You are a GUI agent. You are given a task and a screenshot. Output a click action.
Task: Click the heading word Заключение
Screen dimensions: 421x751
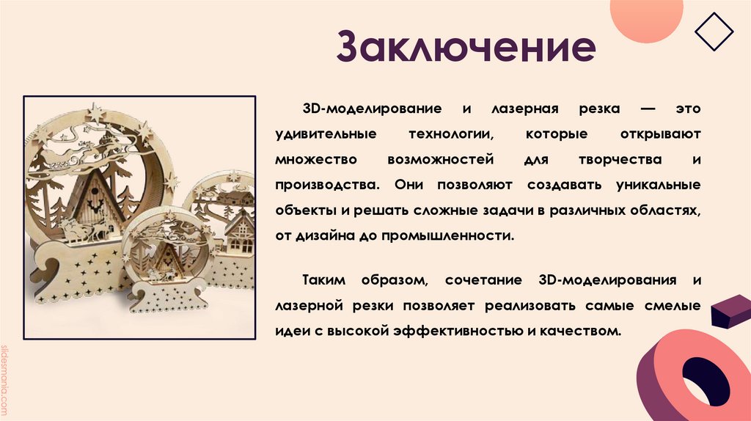pyautogui.click(x=466, y=47)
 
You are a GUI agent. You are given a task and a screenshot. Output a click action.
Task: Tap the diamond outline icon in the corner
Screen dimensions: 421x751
pyautogui.click(x=713, y=31)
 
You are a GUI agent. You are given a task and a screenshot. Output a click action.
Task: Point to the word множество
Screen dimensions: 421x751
pyautogui.click(x=305, y=160)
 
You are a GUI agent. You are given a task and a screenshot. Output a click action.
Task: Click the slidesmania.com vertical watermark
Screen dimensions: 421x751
pyautogui.click(x=7, y=378)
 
